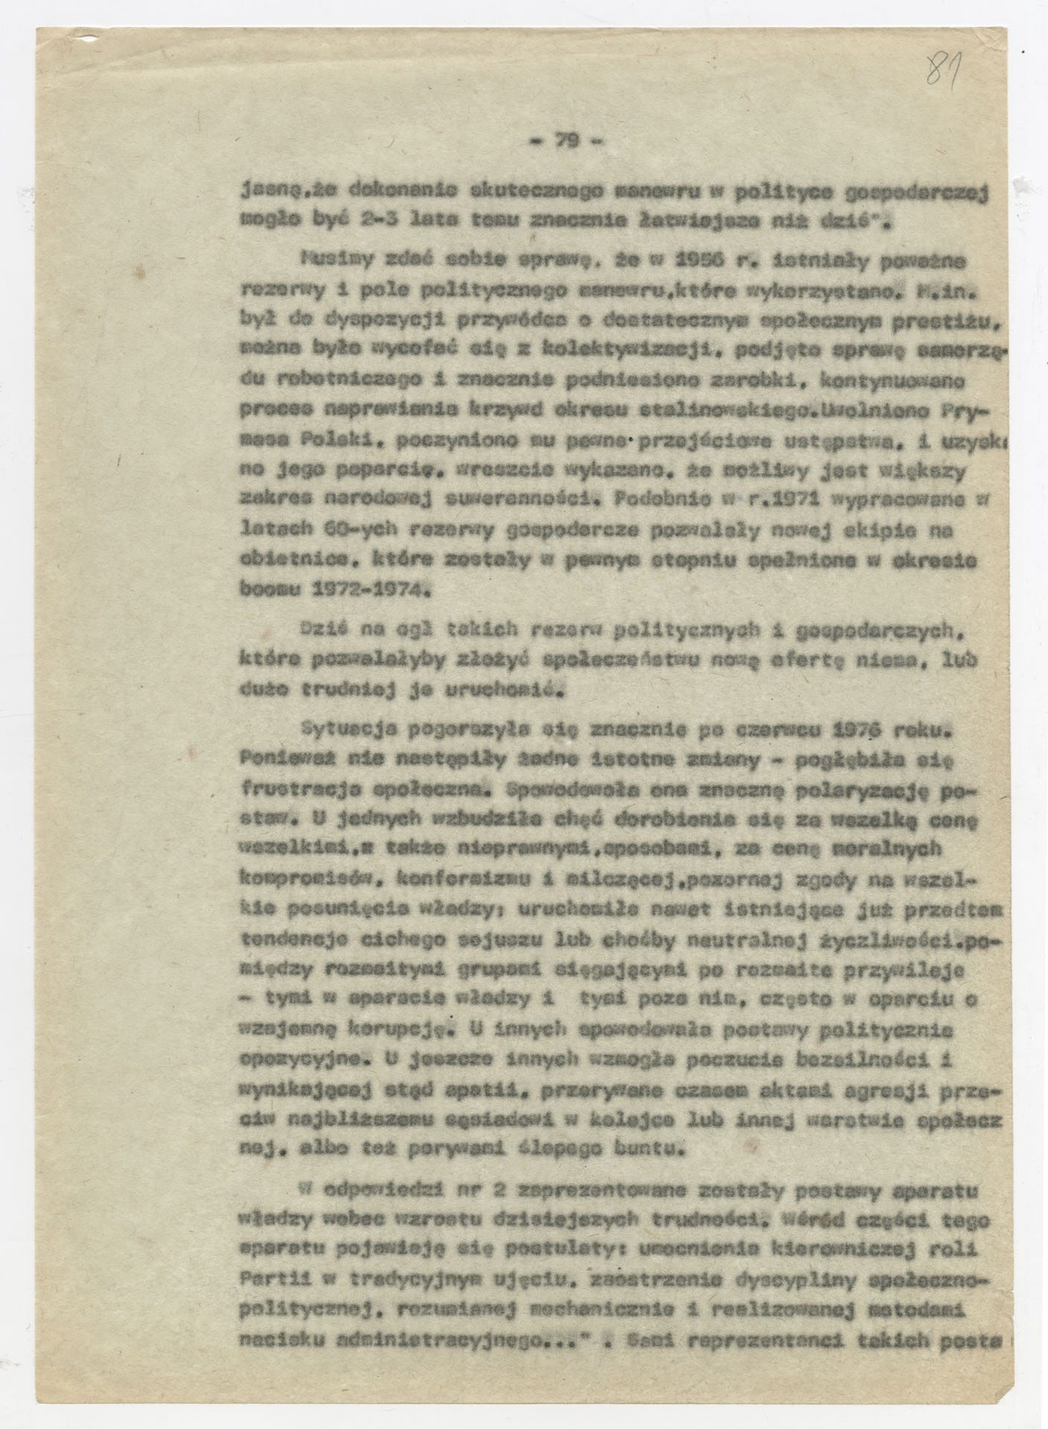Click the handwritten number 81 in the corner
coord(945,69)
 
